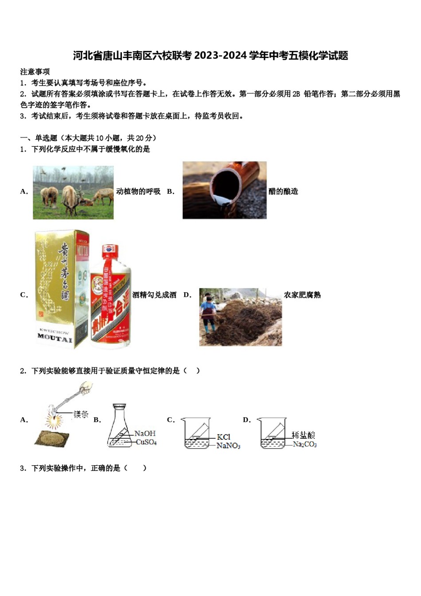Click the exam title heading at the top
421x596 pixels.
click(x=210, y=56)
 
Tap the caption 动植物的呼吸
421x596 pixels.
click(x=138, y=192)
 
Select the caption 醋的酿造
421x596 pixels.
click(x=283, y=192)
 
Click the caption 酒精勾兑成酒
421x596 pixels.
click(x=155, y=295)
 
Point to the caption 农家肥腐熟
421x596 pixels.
click(x=302, y=295)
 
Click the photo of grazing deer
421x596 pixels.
click(x=73, y=192)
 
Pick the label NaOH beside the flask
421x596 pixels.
click(x=145, y=433)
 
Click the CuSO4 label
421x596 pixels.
click(x=146, y=442)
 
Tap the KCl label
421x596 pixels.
click(x=223, y=437)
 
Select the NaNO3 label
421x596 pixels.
click(x=228, y=446)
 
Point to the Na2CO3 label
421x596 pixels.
click(x=304, y=444)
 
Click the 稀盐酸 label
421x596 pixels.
click(x=304, y=435)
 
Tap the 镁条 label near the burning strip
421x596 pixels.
click(x=81, y=414)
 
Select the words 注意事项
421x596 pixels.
click(x=35, y=72)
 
